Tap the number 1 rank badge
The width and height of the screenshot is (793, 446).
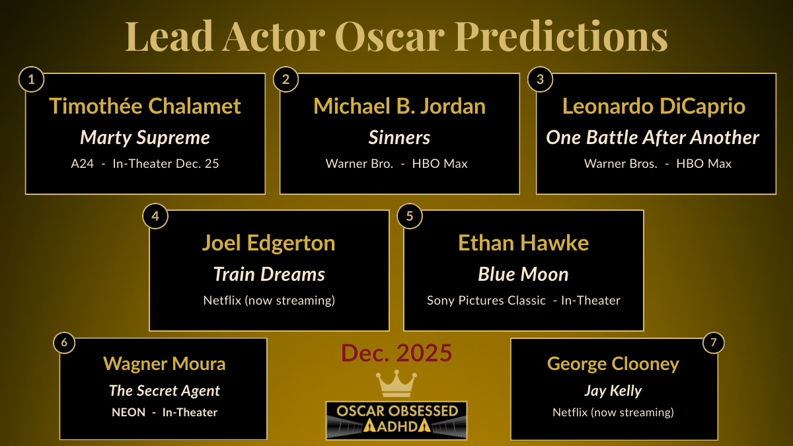[31, 80]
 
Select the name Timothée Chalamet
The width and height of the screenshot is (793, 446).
[145, 106]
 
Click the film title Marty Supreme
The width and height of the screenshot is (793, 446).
[145, 137]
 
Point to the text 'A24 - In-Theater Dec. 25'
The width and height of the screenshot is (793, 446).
[145, 164]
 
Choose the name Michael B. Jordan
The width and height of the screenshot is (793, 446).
[399, 106]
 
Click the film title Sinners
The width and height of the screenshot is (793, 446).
[399, 137]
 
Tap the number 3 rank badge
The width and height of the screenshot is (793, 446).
[540, 80]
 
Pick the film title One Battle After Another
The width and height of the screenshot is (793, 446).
[653, 137]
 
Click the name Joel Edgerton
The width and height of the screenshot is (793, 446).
[268, 242]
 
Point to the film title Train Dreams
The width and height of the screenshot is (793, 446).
[269, 274]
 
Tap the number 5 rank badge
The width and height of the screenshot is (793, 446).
[410, 217]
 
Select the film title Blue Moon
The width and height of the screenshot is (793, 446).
[523, 274]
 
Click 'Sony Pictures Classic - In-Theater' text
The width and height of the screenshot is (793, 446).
[523, 301]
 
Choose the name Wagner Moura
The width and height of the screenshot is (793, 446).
[165, 363]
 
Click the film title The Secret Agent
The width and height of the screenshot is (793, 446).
[165, 390]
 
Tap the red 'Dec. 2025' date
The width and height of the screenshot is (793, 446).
[397, 353]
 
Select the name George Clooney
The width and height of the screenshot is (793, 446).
[613, 363]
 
